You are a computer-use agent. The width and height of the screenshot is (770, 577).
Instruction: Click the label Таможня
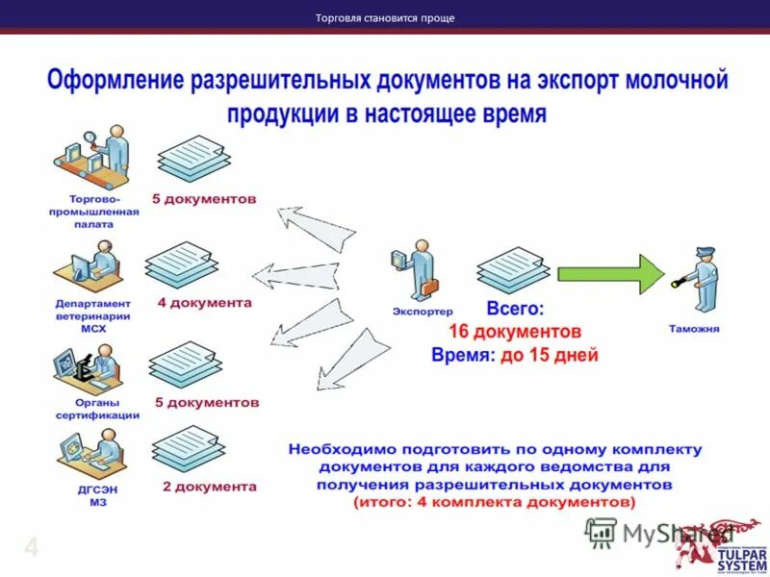(x=694, y=329)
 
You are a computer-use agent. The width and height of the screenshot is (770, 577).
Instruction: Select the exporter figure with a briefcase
(x=421, y=270)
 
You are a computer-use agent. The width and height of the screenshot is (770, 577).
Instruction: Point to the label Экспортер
(x=422, y=311)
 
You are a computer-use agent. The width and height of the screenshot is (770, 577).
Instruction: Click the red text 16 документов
(x=515, y=332)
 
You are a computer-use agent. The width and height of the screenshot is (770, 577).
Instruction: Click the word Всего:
(x=515, y=310)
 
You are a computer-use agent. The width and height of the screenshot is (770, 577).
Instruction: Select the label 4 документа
(x=204, y=302)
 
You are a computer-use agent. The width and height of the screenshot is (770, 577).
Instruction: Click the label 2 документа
(x=209, y=487)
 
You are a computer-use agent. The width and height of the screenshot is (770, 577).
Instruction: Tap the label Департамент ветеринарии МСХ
(x=92, y=314)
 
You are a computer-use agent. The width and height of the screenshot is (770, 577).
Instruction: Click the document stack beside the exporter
(x=513, y=271)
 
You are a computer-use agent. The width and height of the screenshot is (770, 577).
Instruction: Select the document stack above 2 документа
(x=189, y=449)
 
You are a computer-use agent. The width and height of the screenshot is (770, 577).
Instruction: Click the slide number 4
(x=31, y=549)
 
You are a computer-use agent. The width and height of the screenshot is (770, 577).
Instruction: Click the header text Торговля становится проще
(x=385, y=17)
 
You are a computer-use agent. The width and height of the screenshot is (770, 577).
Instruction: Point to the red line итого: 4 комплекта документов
(x=494, y=503)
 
